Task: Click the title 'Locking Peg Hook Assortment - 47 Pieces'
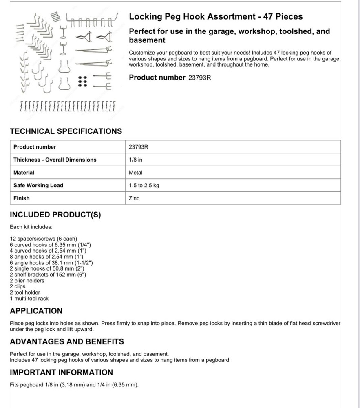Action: tap(216, 17)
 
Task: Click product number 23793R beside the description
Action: tap(199, 78)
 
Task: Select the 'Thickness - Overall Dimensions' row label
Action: tap(55, 160)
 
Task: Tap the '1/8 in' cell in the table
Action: tap(136, 160)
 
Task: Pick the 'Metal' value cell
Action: tap(136, 173)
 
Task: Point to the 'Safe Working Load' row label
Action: tap(38, 185)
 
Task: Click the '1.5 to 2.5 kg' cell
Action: tap(144, 186)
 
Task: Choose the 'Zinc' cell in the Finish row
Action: tap(134, 198)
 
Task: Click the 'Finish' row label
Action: tap(22, 198)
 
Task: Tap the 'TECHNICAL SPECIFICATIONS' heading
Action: tap(66, 131)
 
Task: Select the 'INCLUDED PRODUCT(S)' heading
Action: tap(55, 215)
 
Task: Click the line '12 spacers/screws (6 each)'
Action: tap(43, 239)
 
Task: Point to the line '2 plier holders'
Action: tap(27, 281)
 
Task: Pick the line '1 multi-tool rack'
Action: tap(29, 299)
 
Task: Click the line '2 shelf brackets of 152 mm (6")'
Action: tap(48, 275)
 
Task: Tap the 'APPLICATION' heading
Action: tap(36, 311)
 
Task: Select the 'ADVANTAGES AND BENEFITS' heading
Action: tap(67, 341)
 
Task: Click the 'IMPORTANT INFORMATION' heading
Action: tap(61, 373)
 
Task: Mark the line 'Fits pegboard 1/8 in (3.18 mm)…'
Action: tap(74, 384)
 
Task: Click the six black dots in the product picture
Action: tap(82, 82)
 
